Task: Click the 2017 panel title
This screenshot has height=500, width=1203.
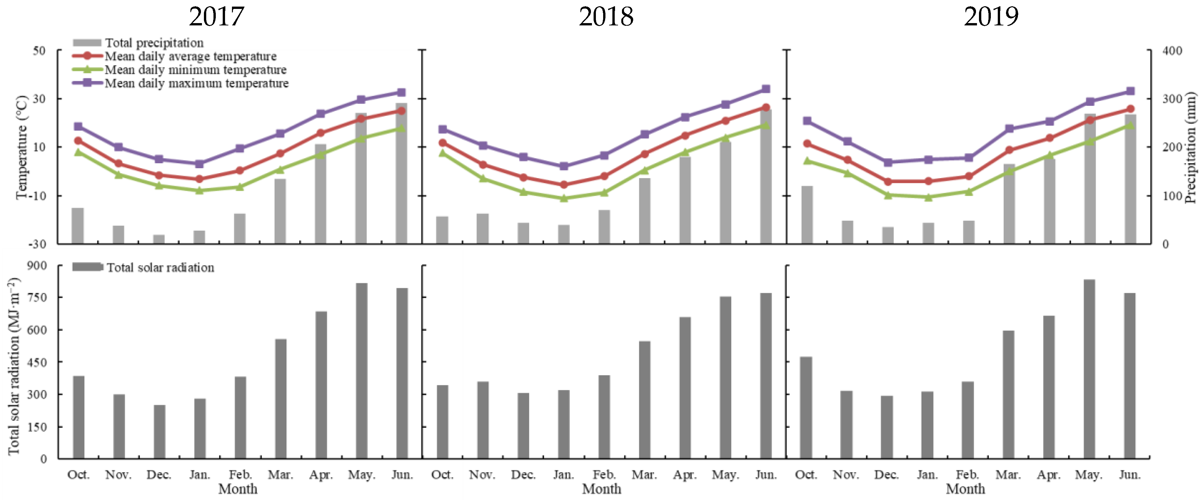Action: click(216, 17)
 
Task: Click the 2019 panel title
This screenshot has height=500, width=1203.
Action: click(991, 17)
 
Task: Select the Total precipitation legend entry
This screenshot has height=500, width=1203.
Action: click(154, 43)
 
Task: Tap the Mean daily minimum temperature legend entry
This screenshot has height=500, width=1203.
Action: click(195, 70)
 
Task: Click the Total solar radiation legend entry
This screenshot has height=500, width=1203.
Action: click(160, 267)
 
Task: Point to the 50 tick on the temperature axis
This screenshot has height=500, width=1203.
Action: click(39, 50)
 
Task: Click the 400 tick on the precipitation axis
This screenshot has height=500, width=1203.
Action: click(1171, 50)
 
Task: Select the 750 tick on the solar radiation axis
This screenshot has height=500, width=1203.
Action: click(38, 298)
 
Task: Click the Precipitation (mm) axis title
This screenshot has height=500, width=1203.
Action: click(1191, 147)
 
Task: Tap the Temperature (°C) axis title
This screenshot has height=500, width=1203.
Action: click(21, 147)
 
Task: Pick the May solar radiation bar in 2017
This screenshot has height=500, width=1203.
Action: click(361, 371)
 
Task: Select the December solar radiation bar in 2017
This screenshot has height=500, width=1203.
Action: click(159, 431)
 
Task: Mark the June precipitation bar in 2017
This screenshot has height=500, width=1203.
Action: click(402, 173)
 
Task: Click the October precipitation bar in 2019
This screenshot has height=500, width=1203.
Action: click(807, 215)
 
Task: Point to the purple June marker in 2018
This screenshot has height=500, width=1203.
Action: click(765, 89)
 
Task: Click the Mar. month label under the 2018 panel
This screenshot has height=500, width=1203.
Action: click(644, 475)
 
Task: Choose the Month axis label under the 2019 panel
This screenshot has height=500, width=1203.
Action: click(965, 489)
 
